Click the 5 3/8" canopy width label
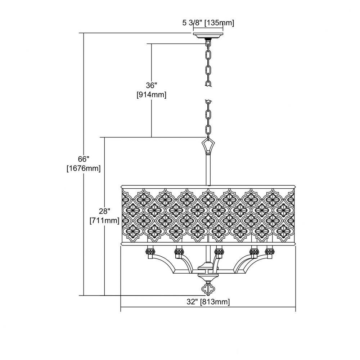pyautogui.click(x=192, y=23)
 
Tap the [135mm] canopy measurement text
pyautogui.click(x=219, y=23)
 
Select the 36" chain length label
pyautogui.click(x=151, y=85)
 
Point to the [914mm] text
pyautogui.click(x=151, y=95)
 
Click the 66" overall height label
pyautogui.click(x=84, y=159)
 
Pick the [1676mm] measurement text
pyautogui.click(x=84, y=168)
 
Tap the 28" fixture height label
pyautogui.click(x=104, y=211)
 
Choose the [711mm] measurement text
pyautogui.click(x=104, y=221)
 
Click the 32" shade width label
pyautogui.click(x=192, y=302)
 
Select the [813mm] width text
pyautogui.click(x=215, y=302)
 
